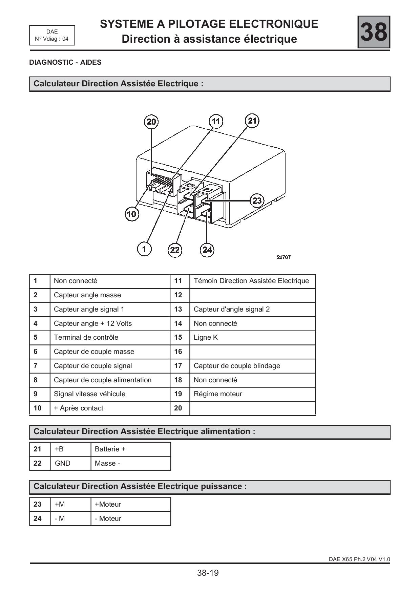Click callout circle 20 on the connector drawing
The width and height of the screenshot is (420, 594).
point(151,122)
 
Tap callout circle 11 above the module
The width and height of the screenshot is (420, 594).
point(216,121)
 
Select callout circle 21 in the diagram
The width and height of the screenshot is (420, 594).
point(252,121)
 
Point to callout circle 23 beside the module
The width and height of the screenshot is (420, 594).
point(257,200)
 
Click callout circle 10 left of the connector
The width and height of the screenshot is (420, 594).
point(132,214)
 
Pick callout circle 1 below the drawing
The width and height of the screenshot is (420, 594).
point(144,249)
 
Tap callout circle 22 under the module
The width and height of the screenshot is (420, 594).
point(175,250)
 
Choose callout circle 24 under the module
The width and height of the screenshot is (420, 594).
point(207,250)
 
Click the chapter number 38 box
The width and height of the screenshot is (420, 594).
point(374,32)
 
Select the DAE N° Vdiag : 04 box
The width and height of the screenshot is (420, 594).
point(52,35)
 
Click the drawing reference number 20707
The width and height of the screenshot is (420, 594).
point(283,257)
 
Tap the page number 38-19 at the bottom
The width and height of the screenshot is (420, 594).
point(208,573)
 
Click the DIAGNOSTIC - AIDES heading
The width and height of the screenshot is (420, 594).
point(65,62)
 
